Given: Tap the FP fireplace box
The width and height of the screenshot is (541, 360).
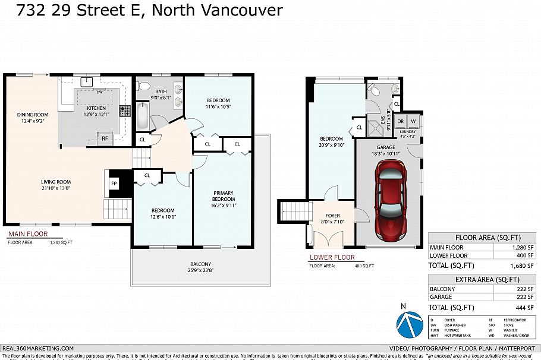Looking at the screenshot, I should (x=114, y=184).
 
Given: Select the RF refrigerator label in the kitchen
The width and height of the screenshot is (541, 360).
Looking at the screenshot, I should (x=105, y=138).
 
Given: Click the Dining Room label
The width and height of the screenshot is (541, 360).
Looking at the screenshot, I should (x=32, y=118).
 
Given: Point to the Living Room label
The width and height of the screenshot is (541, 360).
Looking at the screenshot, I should (x=56, y=185).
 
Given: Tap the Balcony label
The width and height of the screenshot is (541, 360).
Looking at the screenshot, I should (x=200, y=267).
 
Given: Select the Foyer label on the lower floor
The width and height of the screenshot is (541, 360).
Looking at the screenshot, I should (x=332, y=219).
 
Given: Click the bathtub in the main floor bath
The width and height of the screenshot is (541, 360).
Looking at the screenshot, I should (x=142, y=116).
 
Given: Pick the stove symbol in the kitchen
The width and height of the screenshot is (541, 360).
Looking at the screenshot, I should (x=125, y=110).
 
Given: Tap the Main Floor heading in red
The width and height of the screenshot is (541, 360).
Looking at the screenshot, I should (x=27, y=234).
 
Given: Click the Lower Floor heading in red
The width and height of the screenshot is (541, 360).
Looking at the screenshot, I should (x=332, y=258).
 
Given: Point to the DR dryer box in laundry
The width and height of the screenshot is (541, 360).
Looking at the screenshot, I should (x=401, y=121).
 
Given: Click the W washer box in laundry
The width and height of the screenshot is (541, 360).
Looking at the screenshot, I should (x=413, y=121).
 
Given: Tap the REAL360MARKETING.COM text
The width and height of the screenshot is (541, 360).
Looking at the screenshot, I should (x=38, y=348).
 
